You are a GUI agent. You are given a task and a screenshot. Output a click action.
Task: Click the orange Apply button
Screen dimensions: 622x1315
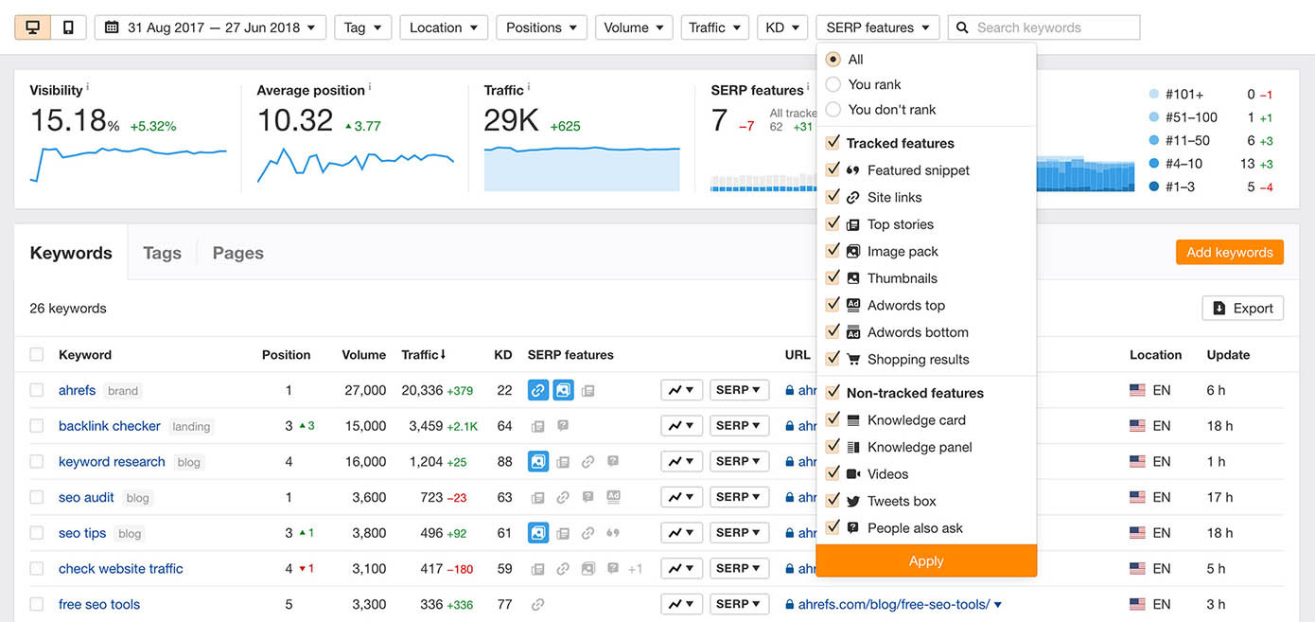tap(926, 560)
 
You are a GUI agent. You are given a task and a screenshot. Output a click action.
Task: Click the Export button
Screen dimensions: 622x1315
tap(1242, 308)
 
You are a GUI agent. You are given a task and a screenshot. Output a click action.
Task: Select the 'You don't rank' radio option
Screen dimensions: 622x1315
tap(833, 109)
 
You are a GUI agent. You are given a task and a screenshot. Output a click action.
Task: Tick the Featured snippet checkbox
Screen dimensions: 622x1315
tap(833, 169)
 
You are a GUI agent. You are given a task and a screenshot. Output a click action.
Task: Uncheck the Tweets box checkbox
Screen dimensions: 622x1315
tap(833, 501)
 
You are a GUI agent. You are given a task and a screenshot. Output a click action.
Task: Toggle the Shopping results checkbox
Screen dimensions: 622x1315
tap(833, 359)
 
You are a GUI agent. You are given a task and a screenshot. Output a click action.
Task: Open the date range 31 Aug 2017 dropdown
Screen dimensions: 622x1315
tap(210, 27)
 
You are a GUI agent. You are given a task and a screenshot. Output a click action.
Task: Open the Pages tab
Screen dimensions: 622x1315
tap(237, 253)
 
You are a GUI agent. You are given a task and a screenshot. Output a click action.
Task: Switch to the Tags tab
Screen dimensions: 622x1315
tap(162, 253)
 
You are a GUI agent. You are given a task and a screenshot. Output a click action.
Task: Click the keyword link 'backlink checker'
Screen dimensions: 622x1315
tap(110, 426)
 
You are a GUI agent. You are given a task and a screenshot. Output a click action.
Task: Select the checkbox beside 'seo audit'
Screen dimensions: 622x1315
tap(37, 497)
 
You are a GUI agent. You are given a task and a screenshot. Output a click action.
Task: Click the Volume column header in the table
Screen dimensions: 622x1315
tap(363, 355)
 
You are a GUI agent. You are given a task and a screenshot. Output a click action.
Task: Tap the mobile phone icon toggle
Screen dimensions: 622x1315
tap(68, 27)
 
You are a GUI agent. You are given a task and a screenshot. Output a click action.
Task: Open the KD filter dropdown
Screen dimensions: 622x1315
tap(781, 27)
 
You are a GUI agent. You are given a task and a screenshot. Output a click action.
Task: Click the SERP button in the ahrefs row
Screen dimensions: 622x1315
tap(738, 390)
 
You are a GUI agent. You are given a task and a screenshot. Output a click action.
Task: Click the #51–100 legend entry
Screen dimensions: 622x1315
tap(1191, 117)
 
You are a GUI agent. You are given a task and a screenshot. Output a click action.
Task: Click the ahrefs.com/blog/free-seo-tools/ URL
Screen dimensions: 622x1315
tap(894, 604)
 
